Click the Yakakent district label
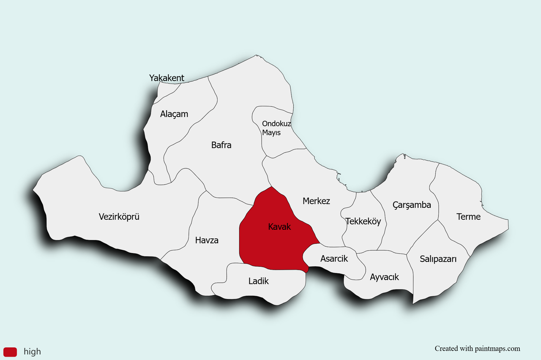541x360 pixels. pos(167,78)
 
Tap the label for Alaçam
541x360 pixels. pos(174,114)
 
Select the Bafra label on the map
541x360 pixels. pos(221,145)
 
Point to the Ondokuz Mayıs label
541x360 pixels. pos(276,128)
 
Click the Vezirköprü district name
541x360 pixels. pos(119,217)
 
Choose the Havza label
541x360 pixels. pos(207,240)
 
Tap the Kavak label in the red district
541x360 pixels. pos(279,227)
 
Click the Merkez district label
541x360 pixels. pos(316,201)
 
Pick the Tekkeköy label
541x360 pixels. pos(363,221)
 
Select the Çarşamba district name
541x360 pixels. pos(412,205)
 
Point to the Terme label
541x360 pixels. pos(468,217)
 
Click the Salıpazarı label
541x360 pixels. pos(438,259)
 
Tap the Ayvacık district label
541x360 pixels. pos(384,277)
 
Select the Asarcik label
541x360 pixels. pos(334,259)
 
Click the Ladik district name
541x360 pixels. pos(258,281)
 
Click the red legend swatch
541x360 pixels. pos(10,352)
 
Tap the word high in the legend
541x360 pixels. pos(32,352)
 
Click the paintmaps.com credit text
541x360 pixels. pos(477,349)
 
